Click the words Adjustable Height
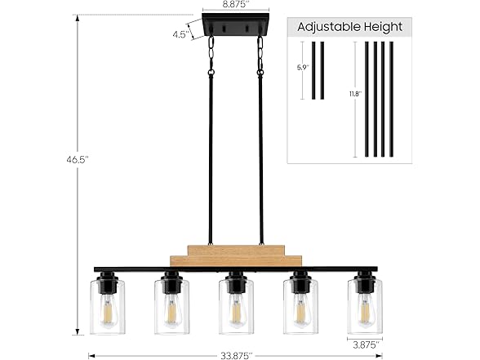pos(350,26)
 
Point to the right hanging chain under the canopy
pos(261,55)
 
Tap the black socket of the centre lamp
pos(235,282)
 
